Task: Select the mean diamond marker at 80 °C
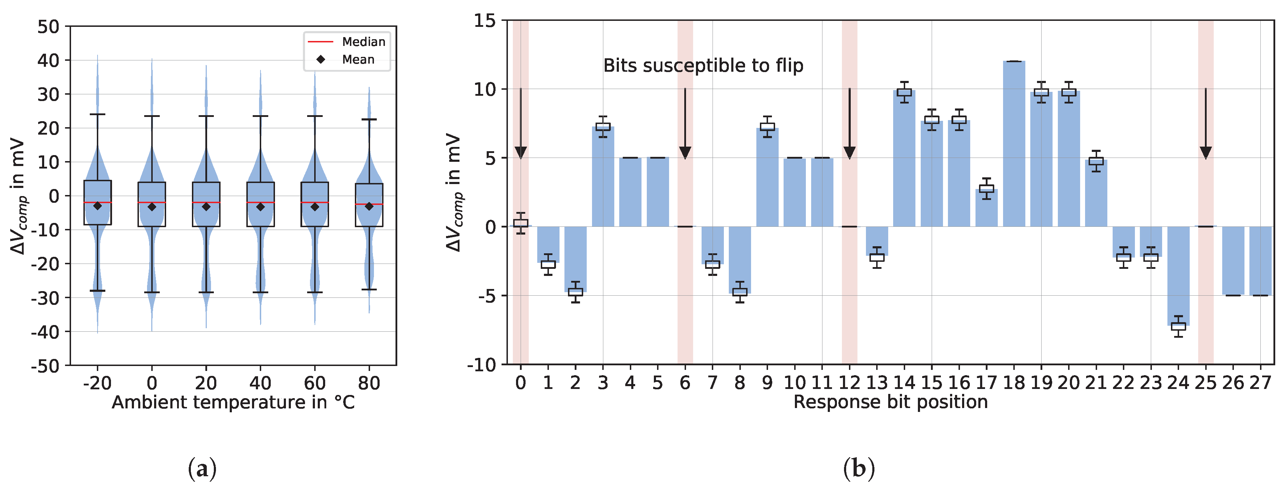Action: point(369,206)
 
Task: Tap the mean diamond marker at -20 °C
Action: point(98,206)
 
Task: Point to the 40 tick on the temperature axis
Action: point(260,383)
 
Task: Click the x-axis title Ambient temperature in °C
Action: point(233,402)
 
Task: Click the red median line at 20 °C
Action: point(206,203)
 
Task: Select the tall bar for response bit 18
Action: point(1014,144)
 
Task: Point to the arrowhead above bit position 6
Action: point(685,152)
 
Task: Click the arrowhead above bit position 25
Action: point(1205,152)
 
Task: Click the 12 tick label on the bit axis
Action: point(849,383)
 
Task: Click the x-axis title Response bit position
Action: point(890,402)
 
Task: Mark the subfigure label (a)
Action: point(202,468)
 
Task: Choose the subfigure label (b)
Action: point(859,468)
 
